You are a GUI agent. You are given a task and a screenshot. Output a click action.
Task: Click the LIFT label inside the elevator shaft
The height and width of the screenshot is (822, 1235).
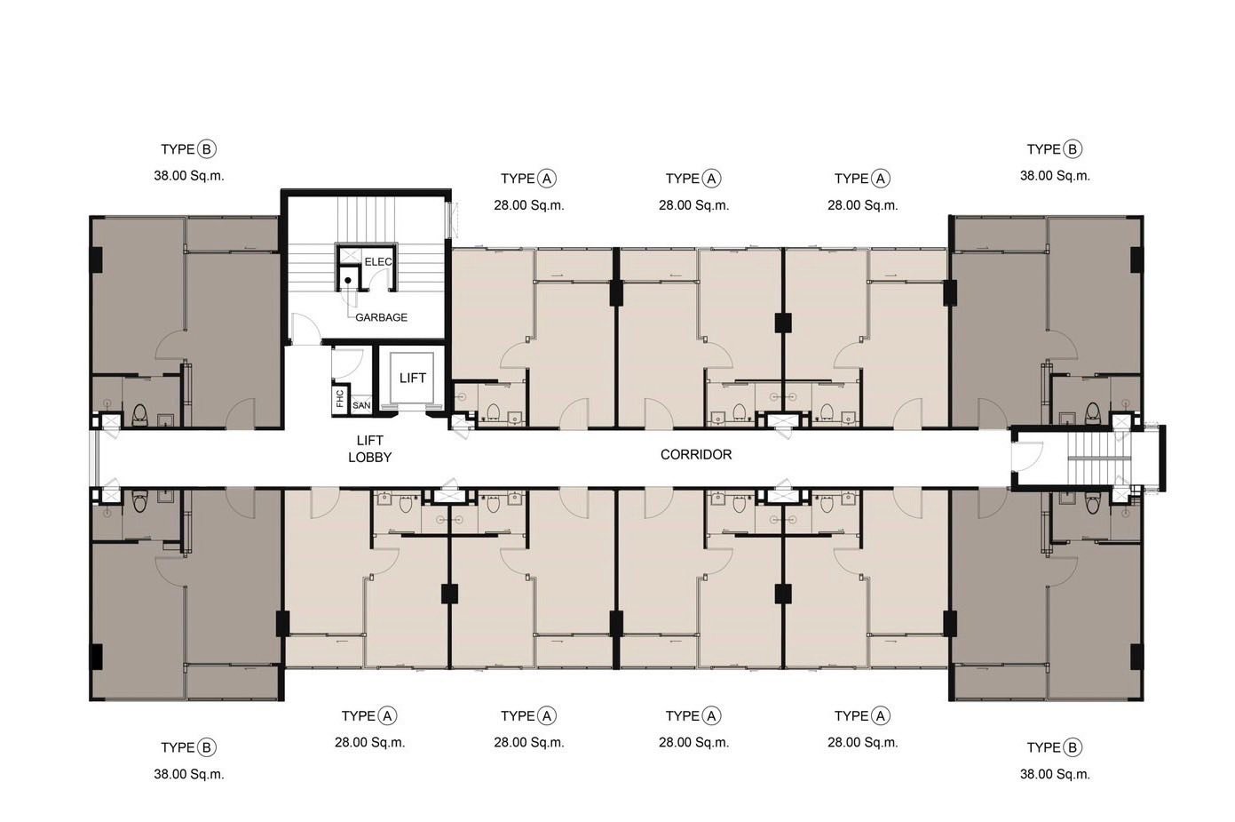tap(412, 378)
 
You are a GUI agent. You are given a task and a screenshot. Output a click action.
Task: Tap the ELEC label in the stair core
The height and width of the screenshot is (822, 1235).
tap(378, 261)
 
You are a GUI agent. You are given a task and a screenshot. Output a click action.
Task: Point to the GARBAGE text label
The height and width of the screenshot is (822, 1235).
tap(381, 317)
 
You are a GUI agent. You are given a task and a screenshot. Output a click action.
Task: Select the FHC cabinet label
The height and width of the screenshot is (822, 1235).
tap(340, 398)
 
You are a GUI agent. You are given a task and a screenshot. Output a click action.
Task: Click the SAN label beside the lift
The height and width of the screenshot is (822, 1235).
tap(361, 405)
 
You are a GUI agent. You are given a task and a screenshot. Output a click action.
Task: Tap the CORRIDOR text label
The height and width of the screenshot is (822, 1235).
tap(696, 455)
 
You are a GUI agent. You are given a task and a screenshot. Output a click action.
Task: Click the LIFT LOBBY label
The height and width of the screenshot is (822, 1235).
tap(369, 449)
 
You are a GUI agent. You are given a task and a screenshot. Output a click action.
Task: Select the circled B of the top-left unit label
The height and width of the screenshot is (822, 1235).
tap(207, 149)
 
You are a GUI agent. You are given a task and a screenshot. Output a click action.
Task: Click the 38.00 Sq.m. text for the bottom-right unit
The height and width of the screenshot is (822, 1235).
tap(1055, 774)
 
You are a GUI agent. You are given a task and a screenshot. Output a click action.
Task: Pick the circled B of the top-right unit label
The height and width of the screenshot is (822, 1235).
tap(1073, 149)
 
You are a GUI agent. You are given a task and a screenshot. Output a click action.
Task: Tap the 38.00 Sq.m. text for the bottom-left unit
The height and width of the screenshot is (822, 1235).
tap(189, 774)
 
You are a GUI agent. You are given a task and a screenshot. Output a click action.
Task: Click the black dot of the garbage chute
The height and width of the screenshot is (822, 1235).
tap(348, 280)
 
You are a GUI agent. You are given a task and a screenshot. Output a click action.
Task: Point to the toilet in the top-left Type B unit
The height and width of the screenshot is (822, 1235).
tap(140, 415)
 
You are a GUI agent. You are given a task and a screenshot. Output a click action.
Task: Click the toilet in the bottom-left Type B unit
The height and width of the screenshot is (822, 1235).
tap(140, 501)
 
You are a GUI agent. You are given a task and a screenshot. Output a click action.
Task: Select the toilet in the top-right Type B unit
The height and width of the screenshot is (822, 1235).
tap(1092, 414)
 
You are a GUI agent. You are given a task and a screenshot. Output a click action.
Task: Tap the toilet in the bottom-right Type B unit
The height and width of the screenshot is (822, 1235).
tap(1092, 502)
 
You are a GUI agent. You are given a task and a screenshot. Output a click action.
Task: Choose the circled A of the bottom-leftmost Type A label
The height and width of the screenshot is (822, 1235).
tap(388, 715)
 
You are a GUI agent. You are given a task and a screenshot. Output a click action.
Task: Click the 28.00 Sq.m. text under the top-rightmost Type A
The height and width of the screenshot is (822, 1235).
tap(862, 205)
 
